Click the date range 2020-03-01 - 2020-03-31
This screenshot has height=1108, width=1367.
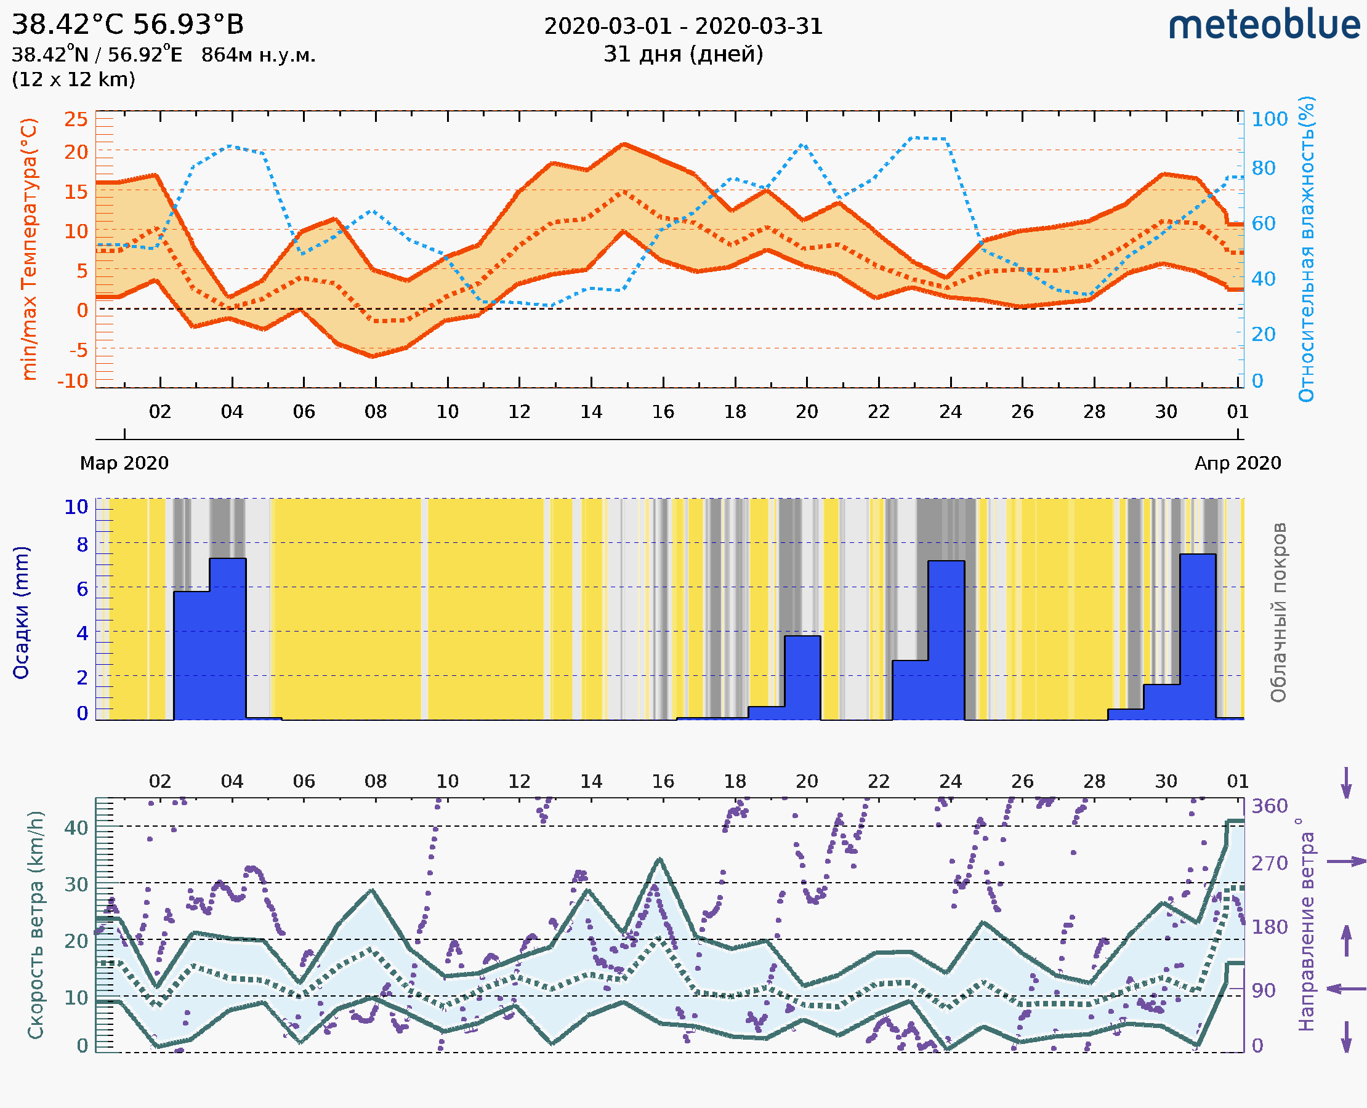[683, 26]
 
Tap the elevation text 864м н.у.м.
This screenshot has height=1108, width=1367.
[258, 55]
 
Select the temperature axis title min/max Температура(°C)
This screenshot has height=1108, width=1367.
[30, 249]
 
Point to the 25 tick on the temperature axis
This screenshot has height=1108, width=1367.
[76, 119]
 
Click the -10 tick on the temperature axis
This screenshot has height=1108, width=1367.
[73, 381]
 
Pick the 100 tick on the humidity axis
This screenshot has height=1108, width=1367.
[1269, 119]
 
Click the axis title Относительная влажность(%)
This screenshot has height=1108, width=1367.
[1306, 249]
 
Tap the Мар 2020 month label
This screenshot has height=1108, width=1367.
[124, 463]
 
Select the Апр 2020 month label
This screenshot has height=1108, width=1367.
[1238, 463]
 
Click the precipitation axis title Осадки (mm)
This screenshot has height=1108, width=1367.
[21, 612]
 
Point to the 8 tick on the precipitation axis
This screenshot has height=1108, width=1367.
[83, 545]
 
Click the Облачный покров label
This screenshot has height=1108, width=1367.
[1278, 612]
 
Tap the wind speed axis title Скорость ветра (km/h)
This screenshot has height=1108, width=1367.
[36, 925]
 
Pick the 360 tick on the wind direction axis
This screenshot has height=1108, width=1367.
[1269, 806]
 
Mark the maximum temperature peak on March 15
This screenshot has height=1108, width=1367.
[625, 145]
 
